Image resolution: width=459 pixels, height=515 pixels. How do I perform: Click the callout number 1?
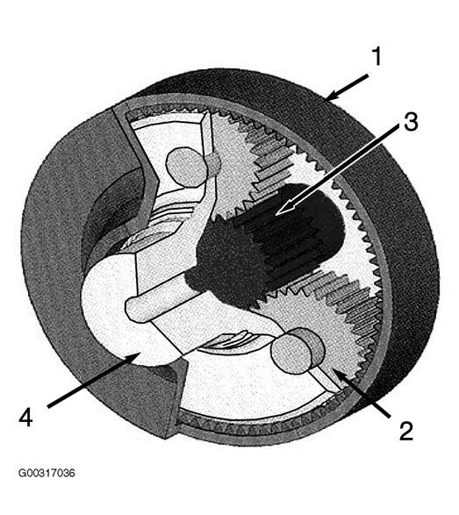click(377, 56)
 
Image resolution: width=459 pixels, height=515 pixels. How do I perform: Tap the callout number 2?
click(405, 431)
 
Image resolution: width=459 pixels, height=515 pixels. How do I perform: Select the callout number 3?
click(411, 122)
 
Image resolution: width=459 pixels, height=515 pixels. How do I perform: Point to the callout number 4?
click(26, 417)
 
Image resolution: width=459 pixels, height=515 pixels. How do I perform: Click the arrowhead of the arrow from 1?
click(333, 96)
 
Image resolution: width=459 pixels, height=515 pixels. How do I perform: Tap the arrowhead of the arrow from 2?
click(340, 376)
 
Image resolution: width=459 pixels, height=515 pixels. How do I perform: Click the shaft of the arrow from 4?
click(91, 381)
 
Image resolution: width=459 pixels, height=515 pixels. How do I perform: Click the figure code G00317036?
click(47, 473)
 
